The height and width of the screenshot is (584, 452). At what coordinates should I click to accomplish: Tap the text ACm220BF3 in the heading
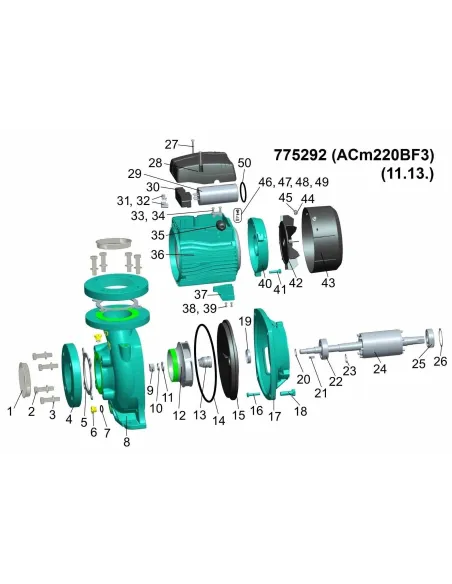(x=382, y=156)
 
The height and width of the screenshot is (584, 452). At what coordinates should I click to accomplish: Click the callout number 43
(x=328, y=283)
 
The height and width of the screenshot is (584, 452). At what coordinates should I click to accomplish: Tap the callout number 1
(x=12, y=409)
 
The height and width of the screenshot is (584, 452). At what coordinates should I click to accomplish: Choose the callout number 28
(x=155, y=162)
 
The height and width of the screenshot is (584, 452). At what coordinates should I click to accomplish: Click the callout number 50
(x=245, y=162)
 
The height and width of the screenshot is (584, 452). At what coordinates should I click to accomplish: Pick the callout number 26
(x=440, y=361)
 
